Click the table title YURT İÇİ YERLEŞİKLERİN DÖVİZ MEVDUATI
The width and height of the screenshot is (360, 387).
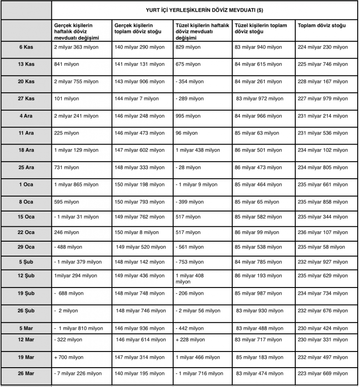pyautogui.click(x=205, y=10)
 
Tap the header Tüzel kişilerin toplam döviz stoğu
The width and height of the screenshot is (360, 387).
pyautogui.click(x=261, y=28)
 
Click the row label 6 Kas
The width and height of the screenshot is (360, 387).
pyautogui.click(x=26, y=47)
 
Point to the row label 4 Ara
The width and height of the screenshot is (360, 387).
pyautogui.click(x=26, y=116)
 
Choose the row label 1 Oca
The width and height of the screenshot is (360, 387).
pyautogui.click(x=26, y=184)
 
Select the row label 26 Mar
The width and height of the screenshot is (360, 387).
pyautogui.click(x=26, y=373)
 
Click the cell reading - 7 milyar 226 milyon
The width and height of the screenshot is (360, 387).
pyautogui.click(x=78, y=373)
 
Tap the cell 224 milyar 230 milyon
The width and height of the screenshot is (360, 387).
pyautogui.click(x=323, y=47)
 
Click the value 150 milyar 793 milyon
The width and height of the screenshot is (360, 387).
pyautogui.click(x=140, y=202)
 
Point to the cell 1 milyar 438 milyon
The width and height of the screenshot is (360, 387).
pyautogui.click(x=198, y=150)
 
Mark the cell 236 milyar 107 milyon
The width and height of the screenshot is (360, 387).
pyautogui.click(x=323, y=233)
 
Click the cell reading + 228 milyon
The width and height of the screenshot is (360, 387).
pyautogui.click(x=190, y=340)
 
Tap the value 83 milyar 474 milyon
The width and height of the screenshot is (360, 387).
pyautogui.click(x=260, y=373)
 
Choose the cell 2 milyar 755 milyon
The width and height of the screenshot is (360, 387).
pyautogui.click(x=76, y=81)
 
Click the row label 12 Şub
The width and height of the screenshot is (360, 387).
pyautogui.click(x=26, y=275)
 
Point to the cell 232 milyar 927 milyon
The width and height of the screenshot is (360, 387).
pyautogui.click(x=323, y=262)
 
